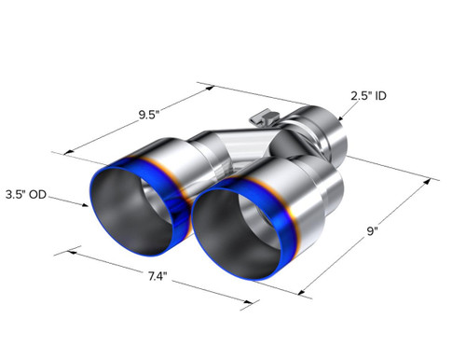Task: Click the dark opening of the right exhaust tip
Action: [238, 234]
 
